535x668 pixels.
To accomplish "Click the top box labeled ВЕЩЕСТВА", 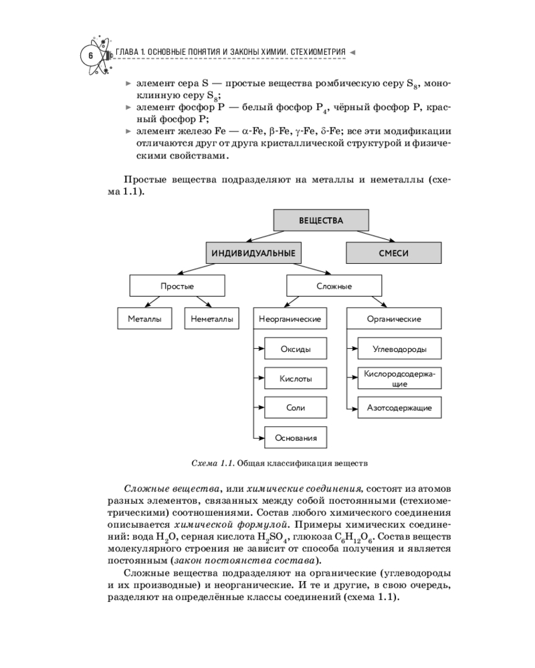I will [321, 220].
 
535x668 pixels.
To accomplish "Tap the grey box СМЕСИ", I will [393, 253].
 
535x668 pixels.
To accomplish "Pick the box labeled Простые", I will [177, 286].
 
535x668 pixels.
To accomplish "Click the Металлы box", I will [144, 319].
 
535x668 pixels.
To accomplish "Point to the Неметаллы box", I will [211, 319].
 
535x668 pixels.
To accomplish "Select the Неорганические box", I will [290, 319].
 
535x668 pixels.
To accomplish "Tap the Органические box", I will [394, 319].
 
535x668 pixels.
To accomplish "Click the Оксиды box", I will [295, 349].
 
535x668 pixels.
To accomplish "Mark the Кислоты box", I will [295, 379].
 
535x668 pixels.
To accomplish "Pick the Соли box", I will [295, 408].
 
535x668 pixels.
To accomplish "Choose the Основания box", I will [295, 438].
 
